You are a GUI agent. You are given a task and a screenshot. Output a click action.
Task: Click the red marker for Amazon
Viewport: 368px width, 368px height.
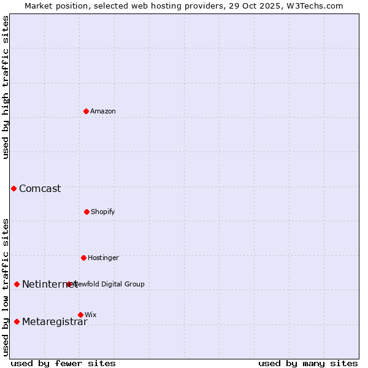pyautogui.click(x=86, y=111)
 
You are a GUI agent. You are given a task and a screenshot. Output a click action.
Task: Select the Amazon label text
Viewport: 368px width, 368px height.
pyautogui.click(x=103, y=111)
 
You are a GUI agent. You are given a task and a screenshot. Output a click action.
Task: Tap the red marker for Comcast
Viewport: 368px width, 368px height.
pyautogui.click(x=13, y=188)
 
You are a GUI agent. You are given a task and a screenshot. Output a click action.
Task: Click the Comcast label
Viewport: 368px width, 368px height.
pyautogui.click(x=40, y=188)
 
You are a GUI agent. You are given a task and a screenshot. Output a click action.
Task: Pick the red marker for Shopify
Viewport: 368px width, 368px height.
pyautogui.click(x=86, y=212)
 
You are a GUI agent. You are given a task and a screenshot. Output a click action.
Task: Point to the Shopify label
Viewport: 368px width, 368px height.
pyautogui.click(x=103, y=212)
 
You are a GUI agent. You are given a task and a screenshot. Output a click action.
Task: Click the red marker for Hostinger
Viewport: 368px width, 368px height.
pyautogui.click(x=83, y=258)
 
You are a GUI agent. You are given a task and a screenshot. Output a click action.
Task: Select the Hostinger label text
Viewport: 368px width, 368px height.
pyautogui.click(x=103, y=258)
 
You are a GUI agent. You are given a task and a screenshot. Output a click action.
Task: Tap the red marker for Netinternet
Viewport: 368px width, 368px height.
pyautogui.click(x=17, y=284)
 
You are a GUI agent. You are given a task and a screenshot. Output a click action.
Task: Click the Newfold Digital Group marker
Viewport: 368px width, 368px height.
pyautogui.click(x=69, y=284)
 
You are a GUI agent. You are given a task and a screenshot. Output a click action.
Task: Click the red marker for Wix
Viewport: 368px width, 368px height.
pyautogui.click(x=80, y=315)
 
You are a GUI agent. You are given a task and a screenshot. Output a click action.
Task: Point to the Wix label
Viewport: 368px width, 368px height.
pyautogui.click(x=91, y=315)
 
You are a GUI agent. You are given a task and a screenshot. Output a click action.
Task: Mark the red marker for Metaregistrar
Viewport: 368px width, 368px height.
pyautogui.click(x=17, y=321)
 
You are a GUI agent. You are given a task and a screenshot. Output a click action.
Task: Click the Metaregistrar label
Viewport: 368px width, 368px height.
pyautogui.click(x=55, y=321)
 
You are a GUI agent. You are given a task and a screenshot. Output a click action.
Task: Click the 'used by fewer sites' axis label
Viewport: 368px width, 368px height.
pyautogui.click(x=63, y=363)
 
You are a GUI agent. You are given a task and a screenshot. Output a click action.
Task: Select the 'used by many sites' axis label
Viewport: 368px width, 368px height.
pyautogui.click(x=308, y=363)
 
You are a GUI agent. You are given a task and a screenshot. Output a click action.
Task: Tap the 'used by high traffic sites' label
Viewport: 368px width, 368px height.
pyautogui.click(x=6, y=87)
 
